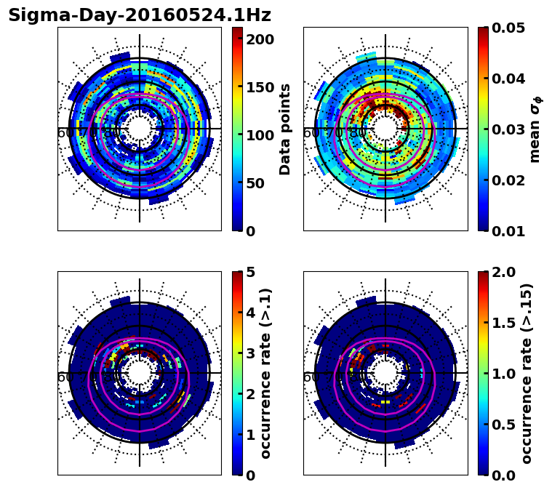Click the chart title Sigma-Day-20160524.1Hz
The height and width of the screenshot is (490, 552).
(140, 15)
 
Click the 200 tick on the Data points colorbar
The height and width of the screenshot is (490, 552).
(259, 39)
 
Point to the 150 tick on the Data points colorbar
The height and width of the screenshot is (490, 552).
(259, 87)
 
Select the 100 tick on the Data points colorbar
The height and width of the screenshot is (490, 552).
(259, 135)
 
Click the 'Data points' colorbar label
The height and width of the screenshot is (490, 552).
(285, 129)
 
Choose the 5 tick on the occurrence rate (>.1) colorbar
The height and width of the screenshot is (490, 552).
(250, 272)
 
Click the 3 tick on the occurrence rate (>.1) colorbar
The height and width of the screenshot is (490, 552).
(250, 353)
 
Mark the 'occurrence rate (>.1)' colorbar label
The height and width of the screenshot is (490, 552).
(266, 373)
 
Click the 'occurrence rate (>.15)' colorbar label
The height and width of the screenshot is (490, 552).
(527, 373)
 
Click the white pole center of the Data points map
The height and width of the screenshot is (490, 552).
(140, 129)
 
